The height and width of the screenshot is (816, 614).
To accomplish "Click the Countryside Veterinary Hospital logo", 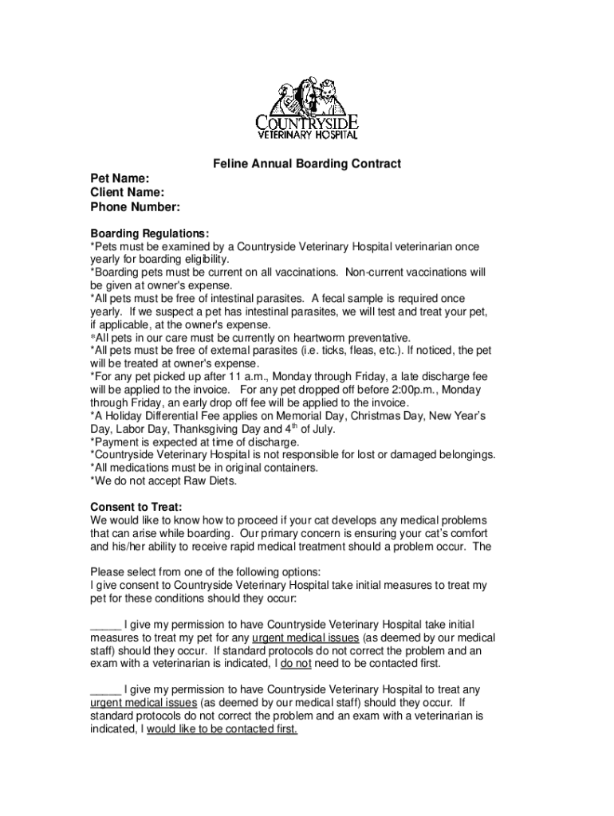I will pos(306,111).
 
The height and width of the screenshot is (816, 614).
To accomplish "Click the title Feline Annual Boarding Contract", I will pos(306,164).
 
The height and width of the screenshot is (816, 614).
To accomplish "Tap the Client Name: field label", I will pos(128,193).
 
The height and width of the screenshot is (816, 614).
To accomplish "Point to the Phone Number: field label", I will pos(135,207).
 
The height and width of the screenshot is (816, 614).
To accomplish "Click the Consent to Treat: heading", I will pos(136,507).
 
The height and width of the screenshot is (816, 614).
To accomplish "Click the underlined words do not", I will pos(296,663).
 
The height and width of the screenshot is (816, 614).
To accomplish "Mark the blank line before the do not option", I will pos(105,624).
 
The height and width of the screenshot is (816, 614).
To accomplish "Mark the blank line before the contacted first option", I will pos(105,689).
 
